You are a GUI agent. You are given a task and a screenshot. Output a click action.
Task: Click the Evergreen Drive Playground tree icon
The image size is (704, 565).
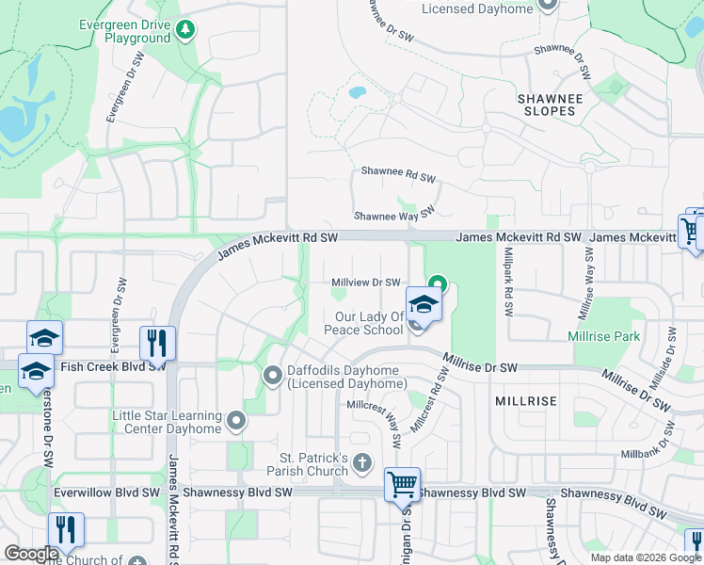(186, 30)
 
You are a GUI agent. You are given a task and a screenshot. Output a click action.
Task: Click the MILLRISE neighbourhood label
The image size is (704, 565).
(525, 401)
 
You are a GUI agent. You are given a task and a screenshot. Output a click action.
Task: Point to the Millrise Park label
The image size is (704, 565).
(604, 336)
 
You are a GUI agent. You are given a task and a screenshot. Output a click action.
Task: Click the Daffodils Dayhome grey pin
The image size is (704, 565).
(273, 377)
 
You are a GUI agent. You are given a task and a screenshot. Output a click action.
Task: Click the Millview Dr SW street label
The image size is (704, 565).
(367, 282)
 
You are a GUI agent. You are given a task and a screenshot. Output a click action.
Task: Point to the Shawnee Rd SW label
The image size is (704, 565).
(399, 175)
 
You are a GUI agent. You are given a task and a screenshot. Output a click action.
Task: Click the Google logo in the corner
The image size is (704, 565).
(32, 554)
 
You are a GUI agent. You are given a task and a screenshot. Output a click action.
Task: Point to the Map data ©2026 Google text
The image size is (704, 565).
(645, 557)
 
